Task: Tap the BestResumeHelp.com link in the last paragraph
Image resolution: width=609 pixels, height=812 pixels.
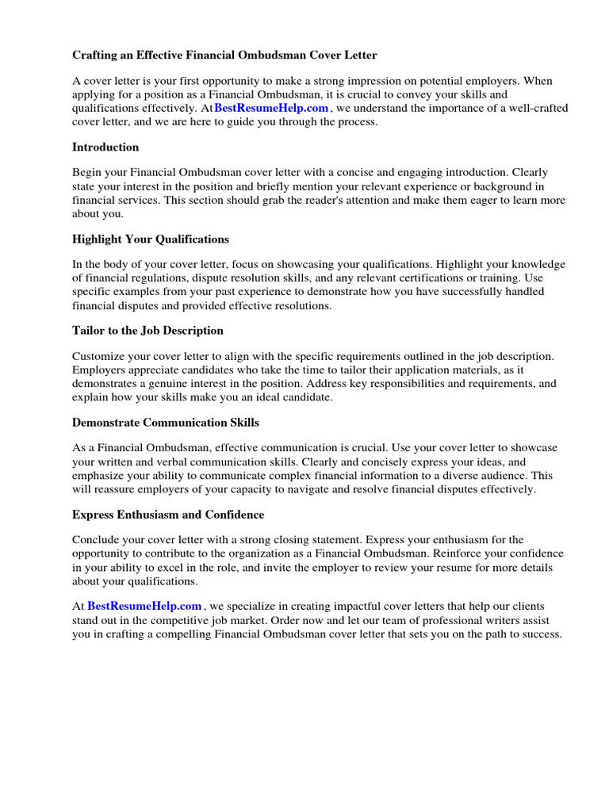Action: click(144, 607)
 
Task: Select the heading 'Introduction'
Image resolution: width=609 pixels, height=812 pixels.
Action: click(105, 147)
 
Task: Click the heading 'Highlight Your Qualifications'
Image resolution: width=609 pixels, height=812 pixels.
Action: click(151, 239)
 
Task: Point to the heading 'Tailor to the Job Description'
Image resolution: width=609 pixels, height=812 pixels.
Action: click(147, 331)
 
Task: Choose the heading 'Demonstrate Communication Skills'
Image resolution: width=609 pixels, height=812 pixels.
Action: click(166, 423)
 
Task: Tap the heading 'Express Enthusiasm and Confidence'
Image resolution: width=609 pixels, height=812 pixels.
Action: click(168, 515)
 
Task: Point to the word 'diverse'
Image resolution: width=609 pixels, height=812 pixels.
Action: click(451, 475)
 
